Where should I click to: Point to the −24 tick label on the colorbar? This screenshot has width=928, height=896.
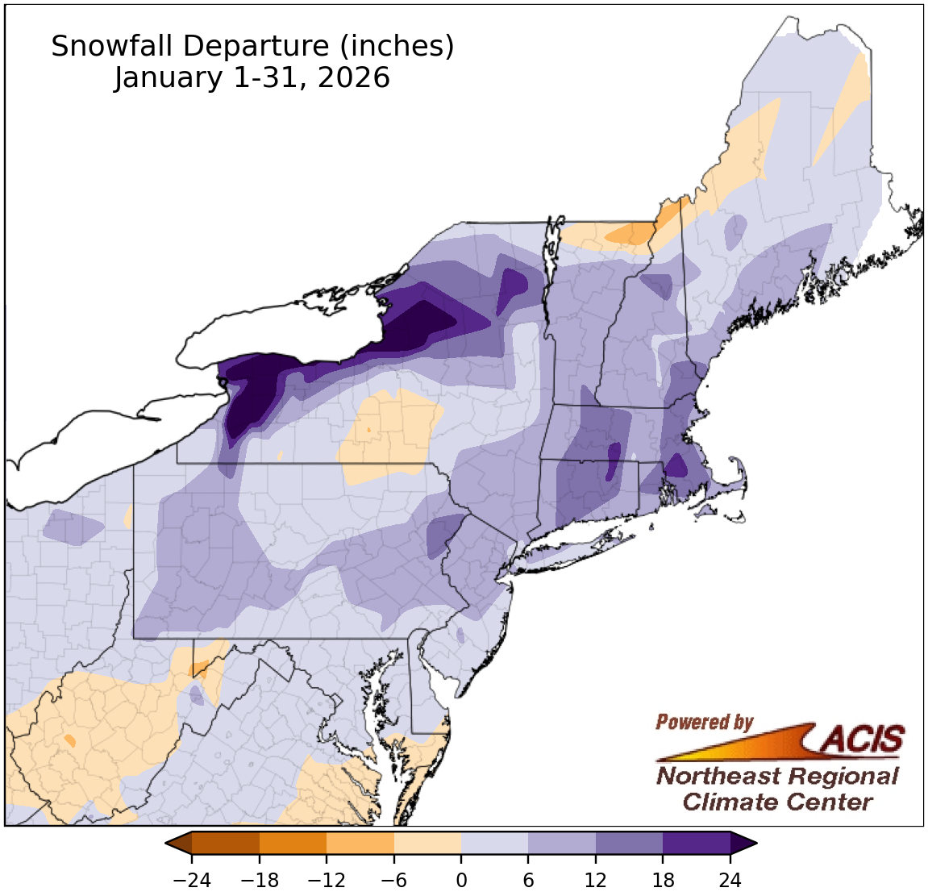192,881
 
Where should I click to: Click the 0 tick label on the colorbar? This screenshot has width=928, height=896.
461,881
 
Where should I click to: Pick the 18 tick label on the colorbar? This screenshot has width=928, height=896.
663,881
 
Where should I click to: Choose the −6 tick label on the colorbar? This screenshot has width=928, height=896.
393,881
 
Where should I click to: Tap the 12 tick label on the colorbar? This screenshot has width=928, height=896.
596,881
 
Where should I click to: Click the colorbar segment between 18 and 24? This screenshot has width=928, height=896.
697,843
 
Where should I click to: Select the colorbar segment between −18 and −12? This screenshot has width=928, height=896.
293,843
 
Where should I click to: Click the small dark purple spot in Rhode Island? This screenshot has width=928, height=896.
675,466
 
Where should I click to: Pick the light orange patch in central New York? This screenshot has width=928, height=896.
391,435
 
